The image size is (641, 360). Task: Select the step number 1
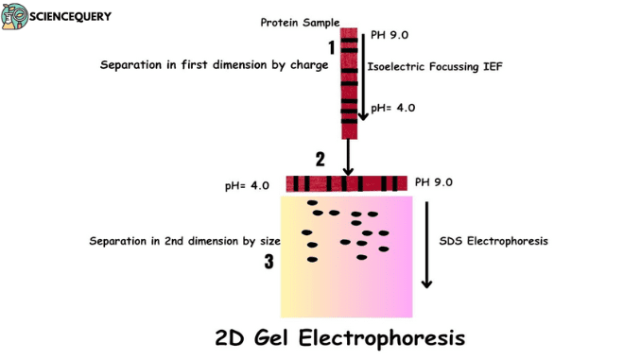331,46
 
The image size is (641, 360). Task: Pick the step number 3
269,262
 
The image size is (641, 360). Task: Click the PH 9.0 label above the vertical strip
390,36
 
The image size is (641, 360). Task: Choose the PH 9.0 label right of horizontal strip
433,181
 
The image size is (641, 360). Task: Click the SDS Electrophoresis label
494,241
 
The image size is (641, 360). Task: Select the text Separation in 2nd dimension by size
179,241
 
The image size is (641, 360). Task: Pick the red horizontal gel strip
346,183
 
